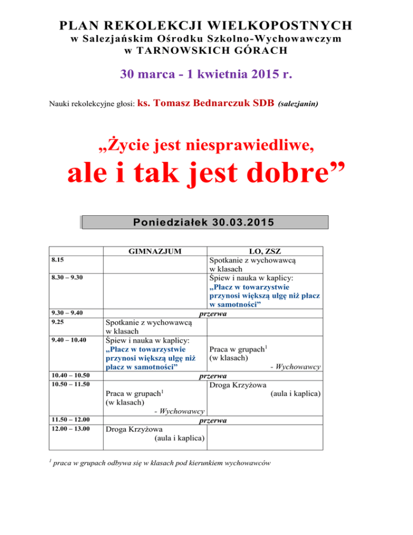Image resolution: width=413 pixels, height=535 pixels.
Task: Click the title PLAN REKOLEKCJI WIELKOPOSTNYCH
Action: click(x=206, y=25)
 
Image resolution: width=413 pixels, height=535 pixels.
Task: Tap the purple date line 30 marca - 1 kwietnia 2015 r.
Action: click(x=206, y=73)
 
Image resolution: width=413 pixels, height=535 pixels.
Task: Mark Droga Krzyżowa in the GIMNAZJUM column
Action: click(x=132, y=430)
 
